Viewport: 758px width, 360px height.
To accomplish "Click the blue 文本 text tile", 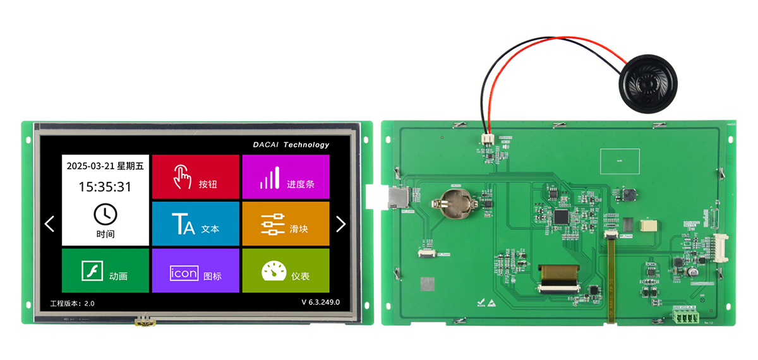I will [196, 224].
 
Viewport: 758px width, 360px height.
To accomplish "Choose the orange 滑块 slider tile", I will [286, 224].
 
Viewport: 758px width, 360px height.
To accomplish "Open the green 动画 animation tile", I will [105, 270].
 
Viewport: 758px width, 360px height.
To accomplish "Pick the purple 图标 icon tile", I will [196, 270].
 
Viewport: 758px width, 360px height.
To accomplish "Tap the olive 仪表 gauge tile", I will [286, 270].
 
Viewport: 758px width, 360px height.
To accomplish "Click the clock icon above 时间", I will [105, 214].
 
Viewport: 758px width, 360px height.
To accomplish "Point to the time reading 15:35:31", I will [105, 187].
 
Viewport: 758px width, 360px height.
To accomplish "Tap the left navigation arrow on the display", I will [50, 224].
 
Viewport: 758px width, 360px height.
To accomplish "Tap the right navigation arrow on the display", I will [341, 224].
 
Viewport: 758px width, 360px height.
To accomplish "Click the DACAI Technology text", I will [291, 145].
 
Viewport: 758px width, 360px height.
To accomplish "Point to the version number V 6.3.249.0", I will [320, 302].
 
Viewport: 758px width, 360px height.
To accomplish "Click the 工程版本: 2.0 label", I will [73, 303].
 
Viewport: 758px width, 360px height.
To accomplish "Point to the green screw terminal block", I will [685, 318].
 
